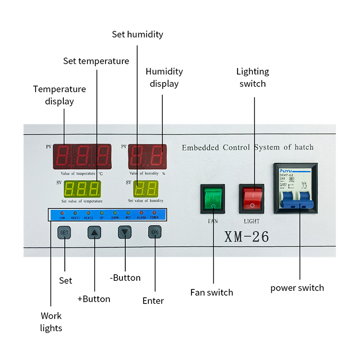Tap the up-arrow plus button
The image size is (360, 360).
(95, 233)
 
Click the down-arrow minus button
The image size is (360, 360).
(125, 233)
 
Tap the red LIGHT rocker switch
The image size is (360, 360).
(252, 198)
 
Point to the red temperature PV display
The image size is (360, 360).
(83, 156)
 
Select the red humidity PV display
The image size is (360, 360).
(147, 156)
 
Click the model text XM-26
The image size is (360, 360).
(247, 237)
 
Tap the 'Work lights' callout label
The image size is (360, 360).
(51, 322)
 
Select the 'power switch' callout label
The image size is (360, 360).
(297, 288)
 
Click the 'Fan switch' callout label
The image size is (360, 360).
(212, 292)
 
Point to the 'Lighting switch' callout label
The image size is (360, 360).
(252, 77)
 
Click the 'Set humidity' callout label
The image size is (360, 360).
(137, 35)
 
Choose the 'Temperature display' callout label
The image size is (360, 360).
(60, 95)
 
